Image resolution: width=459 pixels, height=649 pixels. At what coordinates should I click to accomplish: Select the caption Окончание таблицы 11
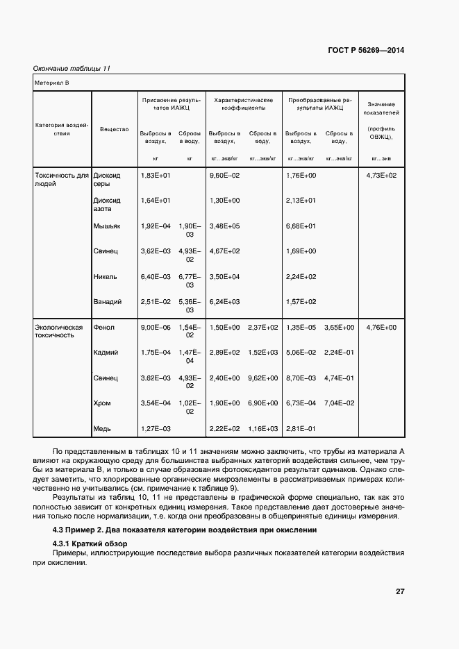coord(72,68)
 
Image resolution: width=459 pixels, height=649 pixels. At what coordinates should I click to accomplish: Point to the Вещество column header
coord(114,129)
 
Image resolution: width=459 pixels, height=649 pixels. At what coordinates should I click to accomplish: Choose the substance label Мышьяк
coord(106,226)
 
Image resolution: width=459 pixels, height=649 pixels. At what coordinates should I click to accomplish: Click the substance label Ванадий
coord(108,302)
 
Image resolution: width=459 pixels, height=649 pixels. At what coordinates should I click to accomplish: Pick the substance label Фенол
coord(103,327)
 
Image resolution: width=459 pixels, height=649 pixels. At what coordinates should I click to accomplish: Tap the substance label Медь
coord(103,428)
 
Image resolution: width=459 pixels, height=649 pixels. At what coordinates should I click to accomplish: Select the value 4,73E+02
coord(381,176)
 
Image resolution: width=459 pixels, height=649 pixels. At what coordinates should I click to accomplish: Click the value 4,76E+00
coord(381,327)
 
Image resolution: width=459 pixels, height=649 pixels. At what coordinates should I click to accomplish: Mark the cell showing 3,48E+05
coord(224,226)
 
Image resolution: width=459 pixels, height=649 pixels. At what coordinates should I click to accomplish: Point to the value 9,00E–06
coord(156,327)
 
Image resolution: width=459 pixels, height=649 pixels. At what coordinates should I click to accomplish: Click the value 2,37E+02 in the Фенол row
coord(262,327)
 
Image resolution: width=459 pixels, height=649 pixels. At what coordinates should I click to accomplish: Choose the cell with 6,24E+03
coord(224,302)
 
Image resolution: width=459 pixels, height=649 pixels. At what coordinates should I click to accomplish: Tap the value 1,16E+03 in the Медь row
coord(262,428)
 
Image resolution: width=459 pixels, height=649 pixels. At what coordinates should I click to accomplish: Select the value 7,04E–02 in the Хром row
coord(339,403)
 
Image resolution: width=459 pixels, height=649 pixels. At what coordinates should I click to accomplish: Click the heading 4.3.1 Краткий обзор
coord(85,543)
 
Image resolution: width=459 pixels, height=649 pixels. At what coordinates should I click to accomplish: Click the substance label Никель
coord(105,277)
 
